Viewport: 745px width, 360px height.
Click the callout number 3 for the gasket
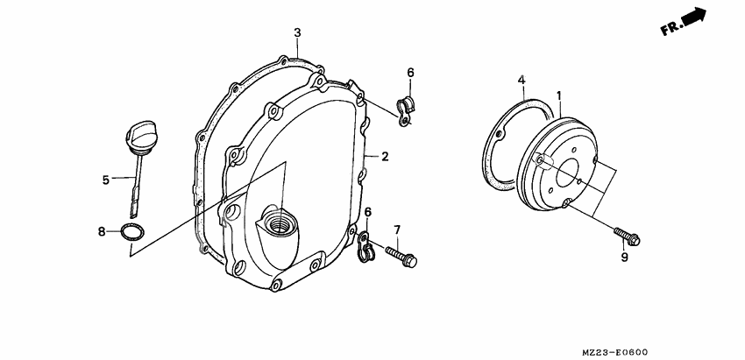click(x=297, y=33)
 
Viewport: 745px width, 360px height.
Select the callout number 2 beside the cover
click(x=384, y=157)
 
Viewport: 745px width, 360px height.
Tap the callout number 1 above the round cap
click(x=558, y=95)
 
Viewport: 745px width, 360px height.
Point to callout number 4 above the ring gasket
click(x=521, y=80)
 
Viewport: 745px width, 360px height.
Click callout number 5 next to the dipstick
click(x=105, y=180)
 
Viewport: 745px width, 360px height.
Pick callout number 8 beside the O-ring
click(x=102, y=231)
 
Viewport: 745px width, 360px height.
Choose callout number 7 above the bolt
click(x=396, y=229)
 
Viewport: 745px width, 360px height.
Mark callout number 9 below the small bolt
click(x=625, y=258)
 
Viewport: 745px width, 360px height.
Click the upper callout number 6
click(x=410, y=72)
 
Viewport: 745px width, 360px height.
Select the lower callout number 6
click(x=368, y=213)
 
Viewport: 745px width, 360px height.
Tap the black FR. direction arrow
click(x=694, y=18)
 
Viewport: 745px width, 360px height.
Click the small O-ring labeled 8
click(x=132, y=232)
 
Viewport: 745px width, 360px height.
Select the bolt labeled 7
click(x=402, y=258)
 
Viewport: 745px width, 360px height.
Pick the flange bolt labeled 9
click(x=629, y=236)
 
